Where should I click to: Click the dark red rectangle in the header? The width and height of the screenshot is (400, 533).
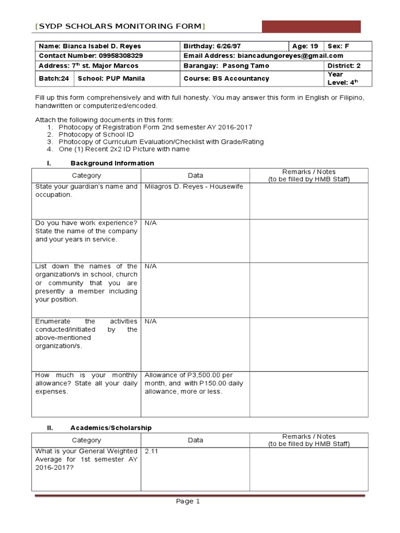pyautogui.click(x=311, y=27)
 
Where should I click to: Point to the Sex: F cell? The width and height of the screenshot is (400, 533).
pyautogui.click(x=338, y=46)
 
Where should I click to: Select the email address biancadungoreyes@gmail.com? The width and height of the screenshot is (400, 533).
pyautogui.click(x=290, y=56)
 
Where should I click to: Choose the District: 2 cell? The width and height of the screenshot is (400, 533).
pyautogui.click(x=344, y=66)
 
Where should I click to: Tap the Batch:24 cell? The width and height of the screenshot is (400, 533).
pyautogui.click(x=54, y=79)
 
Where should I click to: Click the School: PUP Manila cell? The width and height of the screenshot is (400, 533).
pyautogui.click(x=111, y=79)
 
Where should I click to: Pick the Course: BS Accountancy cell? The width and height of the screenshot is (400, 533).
pyautogui.click(x=227, y=79)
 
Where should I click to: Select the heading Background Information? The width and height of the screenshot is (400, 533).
pyautogui.click(x=112, y=163)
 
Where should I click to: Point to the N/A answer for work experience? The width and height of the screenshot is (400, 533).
pyautogui.click(x=151, y=223)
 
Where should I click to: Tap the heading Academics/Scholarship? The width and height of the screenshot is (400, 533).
pyautogui.click(x=111, y=428)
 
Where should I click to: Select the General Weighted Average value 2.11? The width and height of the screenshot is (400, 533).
pyautogui.click(x=151, y=451)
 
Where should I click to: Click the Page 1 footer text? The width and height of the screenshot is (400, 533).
pyautogui.click(x=187, y=501)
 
